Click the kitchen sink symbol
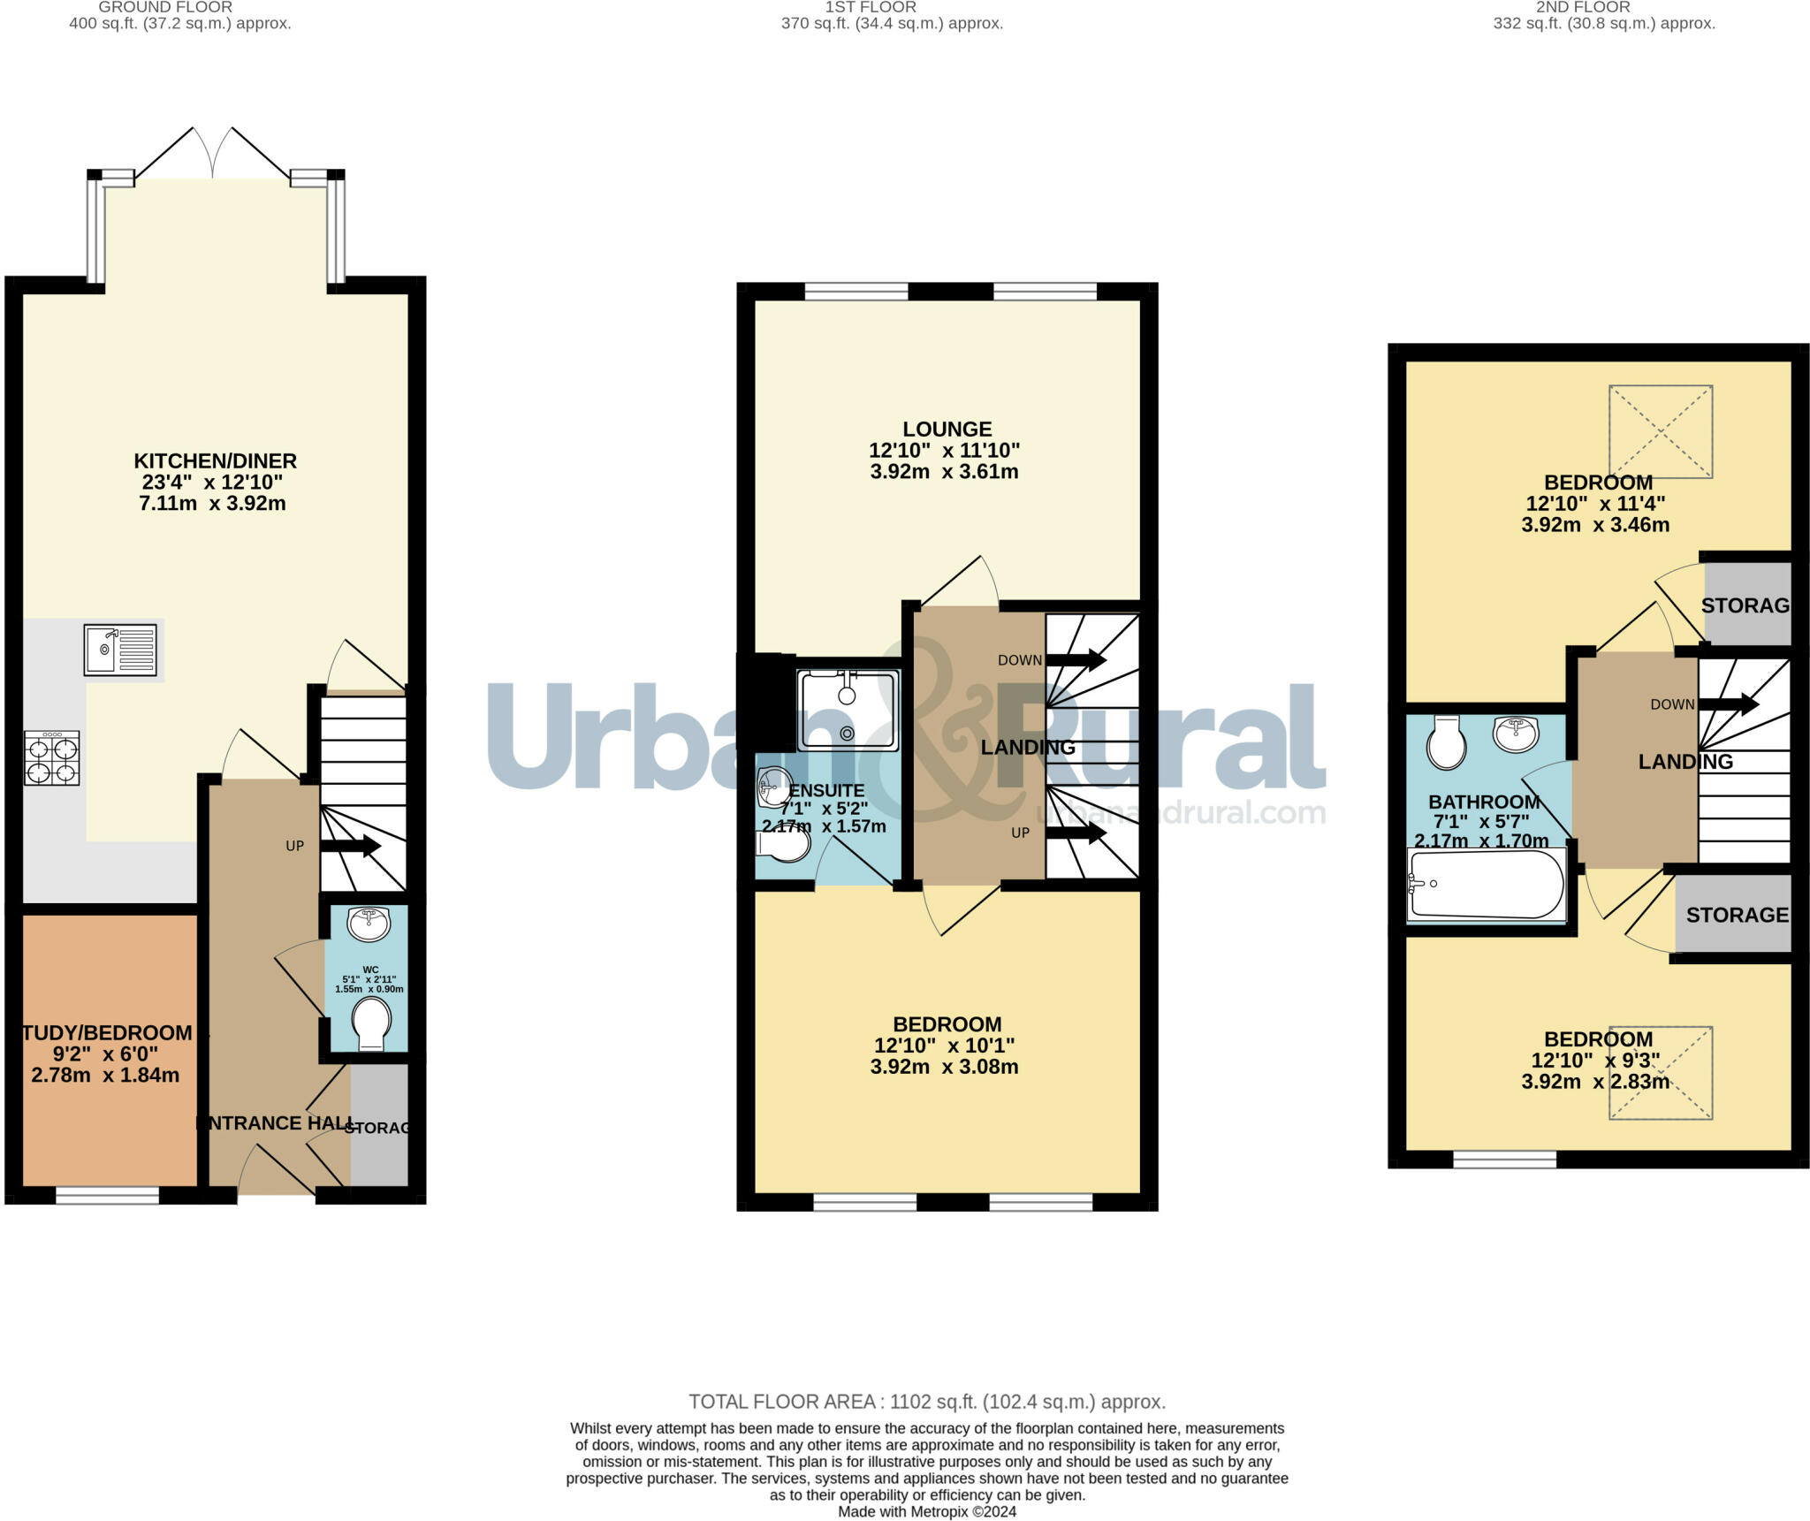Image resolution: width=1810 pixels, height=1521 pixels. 120,650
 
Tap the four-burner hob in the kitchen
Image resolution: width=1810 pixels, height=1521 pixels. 52,758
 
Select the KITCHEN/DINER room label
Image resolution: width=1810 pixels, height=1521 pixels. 215,460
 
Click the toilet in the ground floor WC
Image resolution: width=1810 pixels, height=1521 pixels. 371,1023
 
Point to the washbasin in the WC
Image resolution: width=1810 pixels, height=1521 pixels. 369,924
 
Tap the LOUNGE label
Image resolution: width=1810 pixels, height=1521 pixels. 947,430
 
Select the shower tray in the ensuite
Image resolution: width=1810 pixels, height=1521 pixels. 847,710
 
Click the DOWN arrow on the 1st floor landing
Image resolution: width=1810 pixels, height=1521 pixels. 1076,659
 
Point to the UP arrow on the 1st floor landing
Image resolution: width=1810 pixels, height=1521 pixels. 1076,833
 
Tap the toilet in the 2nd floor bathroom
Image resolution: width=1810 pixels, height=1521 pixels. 1446,742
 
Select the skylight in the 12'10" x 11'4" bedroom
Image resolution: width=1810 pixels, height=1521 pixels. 1660,431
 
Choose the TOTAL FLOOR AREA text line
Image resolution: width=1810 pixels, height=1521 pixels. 926,1402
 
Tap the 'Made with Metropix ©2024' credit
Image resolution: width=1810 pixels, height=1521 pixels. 926,1511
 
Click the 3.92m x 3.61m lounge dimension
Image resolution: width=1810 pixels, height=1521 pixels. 944,472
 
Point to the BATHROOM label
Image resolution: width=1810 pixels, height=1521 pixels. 1484,802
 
